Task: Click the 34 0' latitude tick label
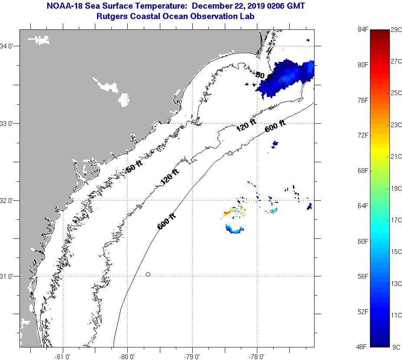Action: tap(9, 46)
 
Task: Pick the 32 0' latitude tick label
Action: tap(9, 200)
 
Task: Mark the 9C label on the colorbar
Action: tap(396, 347)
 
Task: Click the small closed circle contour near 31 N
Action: tap(148, 274)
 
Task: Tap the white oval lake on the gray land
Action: tap(124, 100)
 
